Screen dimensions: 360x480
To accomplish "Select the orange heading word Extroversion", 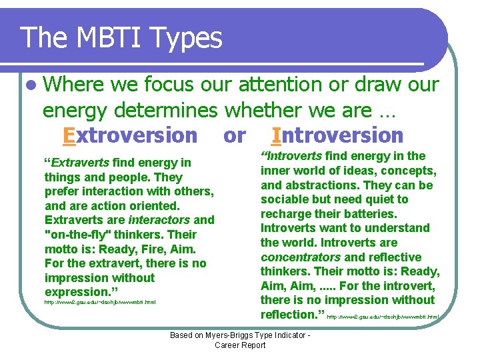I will click(130, 135).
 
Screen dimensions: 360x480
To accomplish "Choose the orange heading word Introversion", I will click(337, 135).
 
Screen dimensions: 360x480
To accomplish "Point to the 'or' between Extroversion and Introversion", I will click(234, 135).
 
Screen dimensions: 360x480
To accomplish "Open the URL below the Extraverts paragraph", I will click(99, 303).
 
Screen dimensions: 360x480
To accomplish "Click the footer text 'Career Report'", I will click(240, 345).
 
